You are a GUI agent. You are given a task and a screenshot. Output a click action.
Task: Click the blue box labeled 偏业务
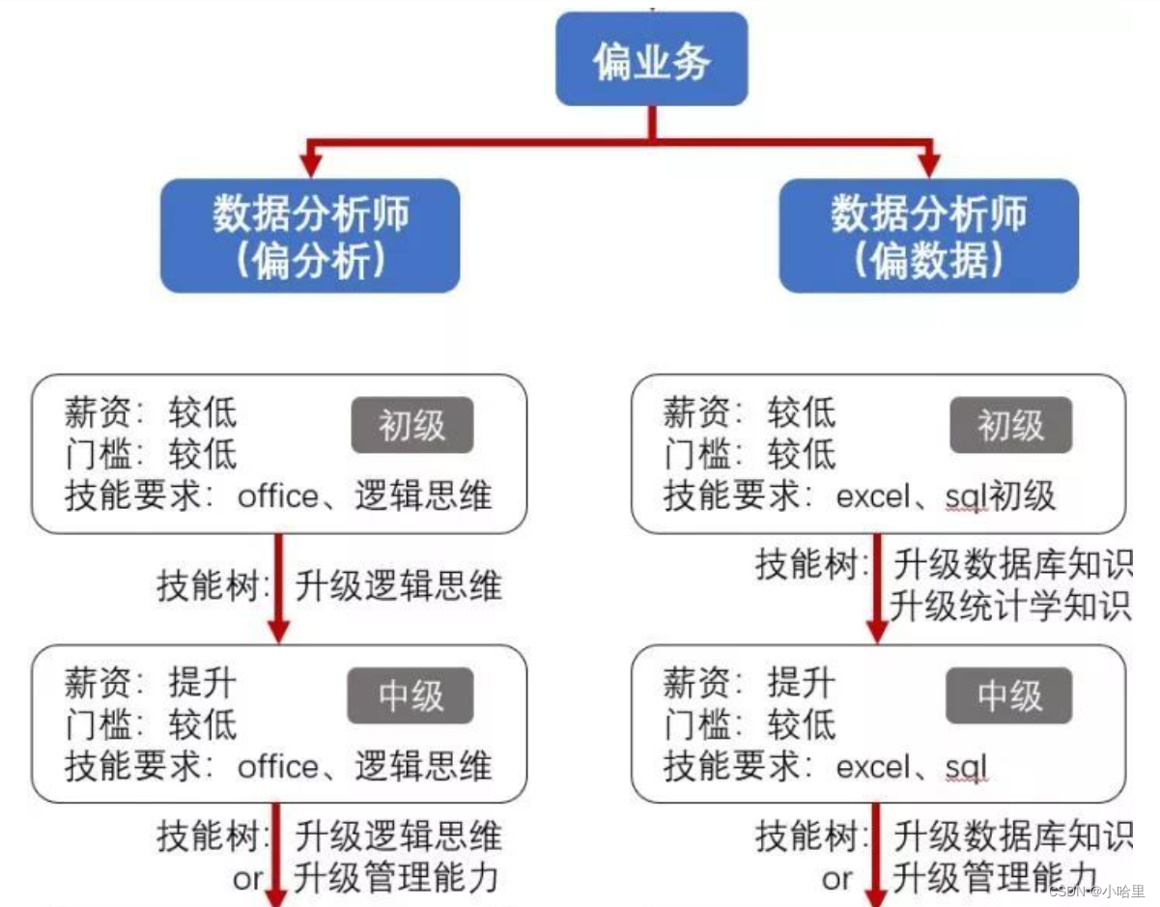tap(651, 60)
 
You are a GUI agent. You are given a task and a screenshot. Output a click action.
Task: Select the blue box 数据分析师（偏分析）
tap(310, 236)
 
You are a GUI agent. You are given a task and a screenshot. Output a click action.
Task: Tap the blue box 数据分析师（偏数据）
tap(928, 236)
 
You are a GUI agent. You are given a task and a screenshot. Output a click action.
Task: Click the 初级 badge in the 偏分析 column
tap(412, 425)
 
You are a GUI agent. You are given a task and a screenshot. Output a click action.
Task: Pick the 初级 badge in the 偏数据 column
tap(1010, 425)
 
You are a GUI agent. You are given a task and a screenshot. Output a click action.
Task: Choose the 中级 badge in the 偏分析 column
tap(411, 695)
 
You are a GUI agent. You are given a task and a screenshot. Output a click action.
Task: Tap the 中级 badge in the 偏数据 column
tap(1009, 695)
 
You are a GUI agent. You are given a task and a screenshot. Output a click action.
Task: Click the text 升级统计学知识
tap(1009, 608)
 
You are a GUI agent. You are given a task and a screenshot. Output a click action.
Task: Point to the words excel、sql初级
tap(946, 496)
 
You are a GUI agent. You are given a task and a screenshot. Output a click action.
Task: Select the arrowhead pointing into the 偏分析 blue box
tap(310, 166)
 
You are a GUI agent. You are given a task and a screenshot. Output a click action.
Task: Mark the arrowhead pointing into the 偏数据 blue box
tap(928, 166)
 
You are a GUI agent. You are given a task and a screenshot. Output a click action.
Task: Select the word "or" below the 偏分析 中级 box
tap(247, 878)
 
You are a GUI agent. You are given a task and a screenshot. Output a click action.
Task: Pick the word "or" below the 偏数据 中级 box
tap(836, 878)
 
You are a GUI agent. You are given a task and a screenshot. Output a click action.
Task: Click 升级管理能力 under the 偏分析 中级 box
tap(397, 878)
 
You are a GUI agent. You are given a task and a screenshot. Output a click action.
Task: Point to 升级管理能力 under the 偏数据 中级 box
tap(995, 878)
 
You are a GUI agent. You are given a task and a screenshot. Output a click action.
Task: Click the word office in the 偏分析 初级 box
tap(277, 496)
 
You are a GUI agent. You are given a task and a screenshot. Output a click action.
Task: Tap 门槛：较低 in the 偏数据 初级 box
tap(749, 454)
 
